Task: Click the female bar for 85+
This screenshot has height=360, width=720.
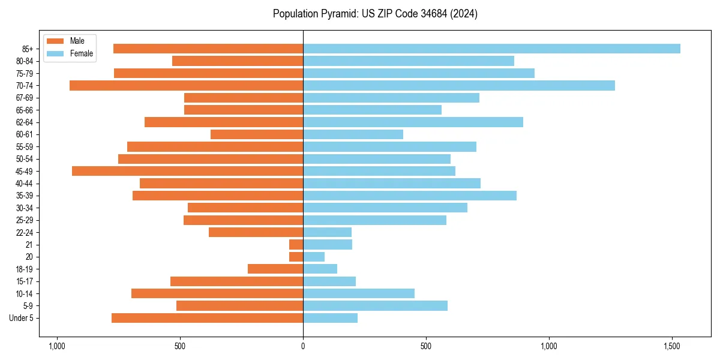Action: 491,49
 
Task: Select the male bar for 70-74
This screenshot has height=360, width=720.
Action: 186,86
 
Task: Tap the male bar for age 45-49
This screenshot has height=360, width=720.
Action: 187,171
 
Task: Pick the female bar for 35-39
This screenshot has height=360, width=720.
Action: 410,196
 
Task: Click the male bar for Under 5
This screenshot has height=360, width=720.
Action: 207,318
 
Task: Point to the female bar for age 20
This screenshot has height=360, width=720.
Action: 314,257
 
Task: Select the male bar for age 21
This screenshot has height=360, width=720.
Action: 296,245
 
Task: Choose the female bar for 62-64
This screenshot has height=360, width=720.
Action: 413,122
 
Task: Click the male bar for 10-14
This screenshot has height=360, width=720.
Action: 217,293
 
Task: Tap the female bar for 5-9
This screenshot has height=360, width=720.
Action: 375,306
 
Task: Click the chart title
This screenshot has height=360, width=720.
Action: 375,14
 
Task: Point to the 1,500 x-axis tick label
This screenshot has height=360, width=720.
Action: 672,346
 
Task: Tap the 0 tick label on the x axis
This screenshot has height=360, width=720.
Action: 303,346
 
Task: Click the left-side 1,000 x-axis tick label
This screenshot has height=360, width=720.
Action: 56,346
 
